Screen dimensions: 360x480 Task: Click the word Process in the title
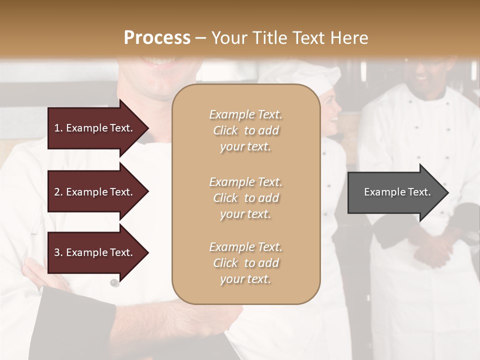pos(157,38)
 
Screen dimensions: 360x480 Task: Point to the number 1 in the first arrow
pos(57,128)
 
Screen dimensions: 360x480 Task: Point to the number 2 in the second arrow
pos(57,192)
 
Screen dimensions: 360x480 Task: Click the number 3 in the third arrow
pos(57,252)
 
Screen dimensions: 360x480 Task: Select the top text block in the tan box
pos(245,130)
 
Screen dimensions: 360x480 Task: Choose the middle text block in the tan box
pos(245,198)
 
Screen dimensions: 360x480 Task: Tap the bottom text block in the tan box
pos(245,263)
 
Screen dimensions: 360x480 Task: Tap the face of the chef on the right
pos(425,75)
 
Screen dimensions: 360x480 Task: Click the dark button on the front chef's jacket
pos(114,283)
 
